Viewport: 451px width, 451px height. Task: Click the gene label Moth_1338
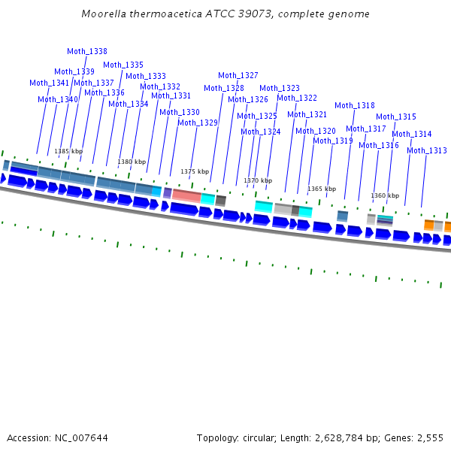tap(87, 51)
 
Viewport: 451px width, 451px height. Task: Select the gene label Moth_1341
tap(50, 83)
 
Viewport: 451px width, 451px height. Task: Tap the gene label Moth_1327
tap(238, 75)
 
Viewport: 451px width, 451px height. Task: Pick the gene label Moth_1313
tap(427, 150)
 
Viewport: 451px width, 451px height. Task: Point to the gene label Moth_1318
tap(355, 105)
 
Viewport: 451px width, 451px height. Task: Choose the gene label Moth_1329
tap(198, 123)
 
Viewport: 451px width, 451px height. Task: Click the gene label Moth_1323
tap(280, 88)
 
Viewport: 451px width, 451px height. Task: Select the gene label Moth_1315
tap(396, 117)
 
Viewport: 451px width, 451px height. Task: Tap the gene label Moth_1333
tap(146, 76)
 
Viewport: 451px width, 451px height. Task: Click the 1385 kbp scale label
tap(68, 151)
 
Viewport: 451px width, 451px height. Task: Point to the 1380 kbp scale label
tap(132, 162)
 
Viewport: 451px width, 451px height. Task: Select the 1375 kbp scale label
tap(195, 171)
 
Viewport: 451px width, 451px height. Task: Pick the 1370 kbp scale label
tap(258, 180)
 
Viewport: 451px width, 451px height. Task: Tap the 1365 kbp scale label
tap(322, 189)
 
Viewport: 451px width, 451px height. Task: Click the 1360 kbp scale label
tap(385, 195)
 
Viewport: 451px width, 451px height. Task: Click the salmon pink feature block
tap(186, 195)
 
